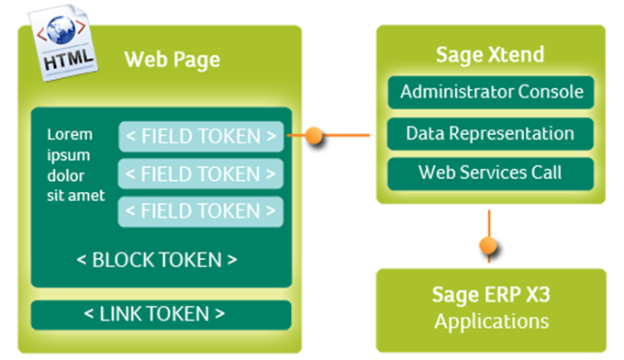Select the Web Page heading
click(172, 62)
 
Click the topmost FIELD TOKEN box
click(201, 137)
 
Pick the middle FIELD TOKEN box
click(201, 174)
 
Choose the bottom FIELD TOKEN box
click(201, 211)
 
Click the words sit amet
click(75, 196)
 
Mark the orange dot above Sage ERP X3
click(490, 246)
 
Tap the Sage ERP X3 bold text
click(492, 296)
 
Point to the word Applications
click(492, 321)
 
